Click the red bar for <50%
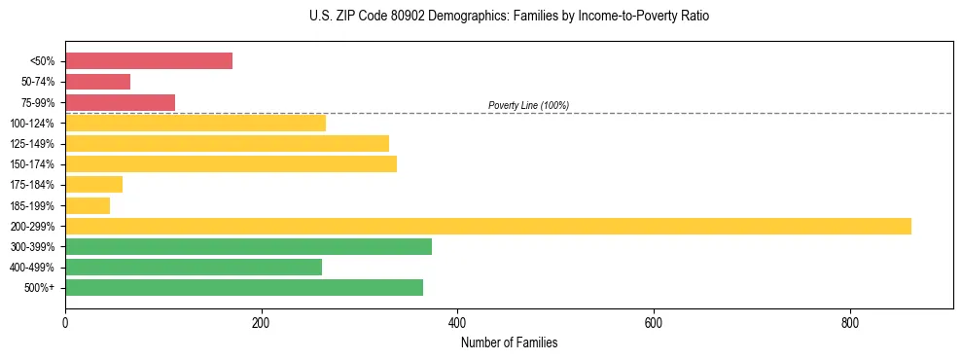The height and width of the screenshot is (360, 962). [x=149, y=61]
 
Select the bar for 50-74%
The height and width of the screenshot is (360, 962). [x=97, y=82]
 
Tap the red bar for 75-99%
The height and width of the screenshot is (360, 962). [x=120, y=102]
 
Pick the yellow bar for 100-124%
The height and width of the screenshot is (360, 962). [x=196, y=123]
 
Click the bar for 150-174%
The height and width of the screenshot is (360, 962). [x=231, y=163]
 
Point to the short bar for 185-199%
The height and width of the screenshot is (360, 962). [x=88, y=205]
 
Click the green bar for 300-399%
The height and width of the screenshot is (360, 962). [x=248, y=246]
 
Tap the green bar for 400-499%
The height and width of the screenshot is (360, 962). [x=194, y=267]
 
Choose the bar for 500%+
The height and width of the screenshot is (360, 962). [x=244, y=287]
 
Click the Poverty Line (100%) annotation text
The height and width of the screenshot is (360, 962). [x=528, y=105]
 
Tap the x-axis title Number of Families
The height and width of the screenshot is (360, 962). [x=509, y=342]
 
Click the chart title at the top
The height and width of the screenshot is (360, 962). [x=509, y=17]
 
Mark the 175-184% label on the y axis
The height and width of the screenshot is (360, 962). [x=37, y=185]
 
